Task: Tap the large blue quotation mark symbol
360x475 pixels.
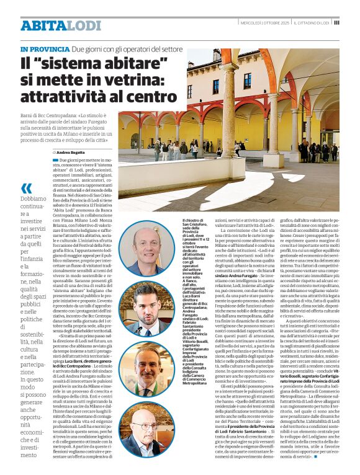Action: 26,189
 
